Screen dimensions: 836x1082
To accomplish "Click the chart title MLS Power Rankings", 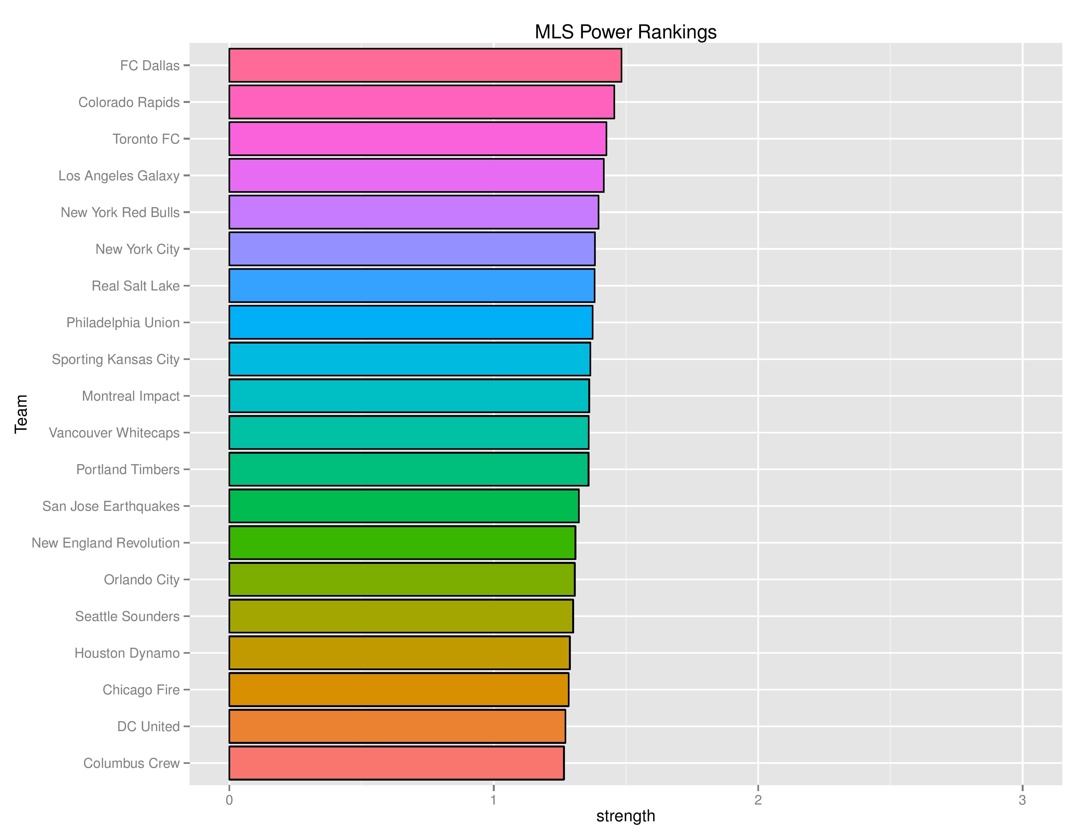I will click(625, 32).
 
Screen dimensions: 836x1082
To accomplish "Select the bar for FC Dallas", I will click(425, 65).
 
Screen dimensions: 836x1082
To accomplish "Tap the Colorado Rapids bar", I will click(421, 102).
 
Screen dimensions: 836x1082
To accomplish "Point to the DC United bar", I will click(397, 727).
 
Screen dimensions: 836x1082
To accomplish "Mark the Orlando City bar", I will click(402, 579).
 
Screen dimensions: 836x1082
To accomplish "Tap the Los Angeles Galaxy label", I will click(119, 176).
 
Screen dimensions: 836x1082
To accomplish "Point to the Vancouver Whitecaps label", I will click(114, 433).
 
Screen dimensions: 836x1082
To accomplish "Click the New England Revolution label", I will click(106, 543).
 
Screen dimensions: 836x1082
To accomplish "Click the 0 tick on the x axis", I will click(229, 800).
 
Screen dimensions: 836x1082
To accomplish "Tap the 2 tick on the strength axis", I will click(757, 800).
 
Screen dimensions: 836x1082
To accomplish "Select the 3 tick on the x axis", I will click(1022, 800).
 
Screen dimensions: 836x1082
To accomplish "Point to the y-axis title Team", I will click(21, 414).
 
